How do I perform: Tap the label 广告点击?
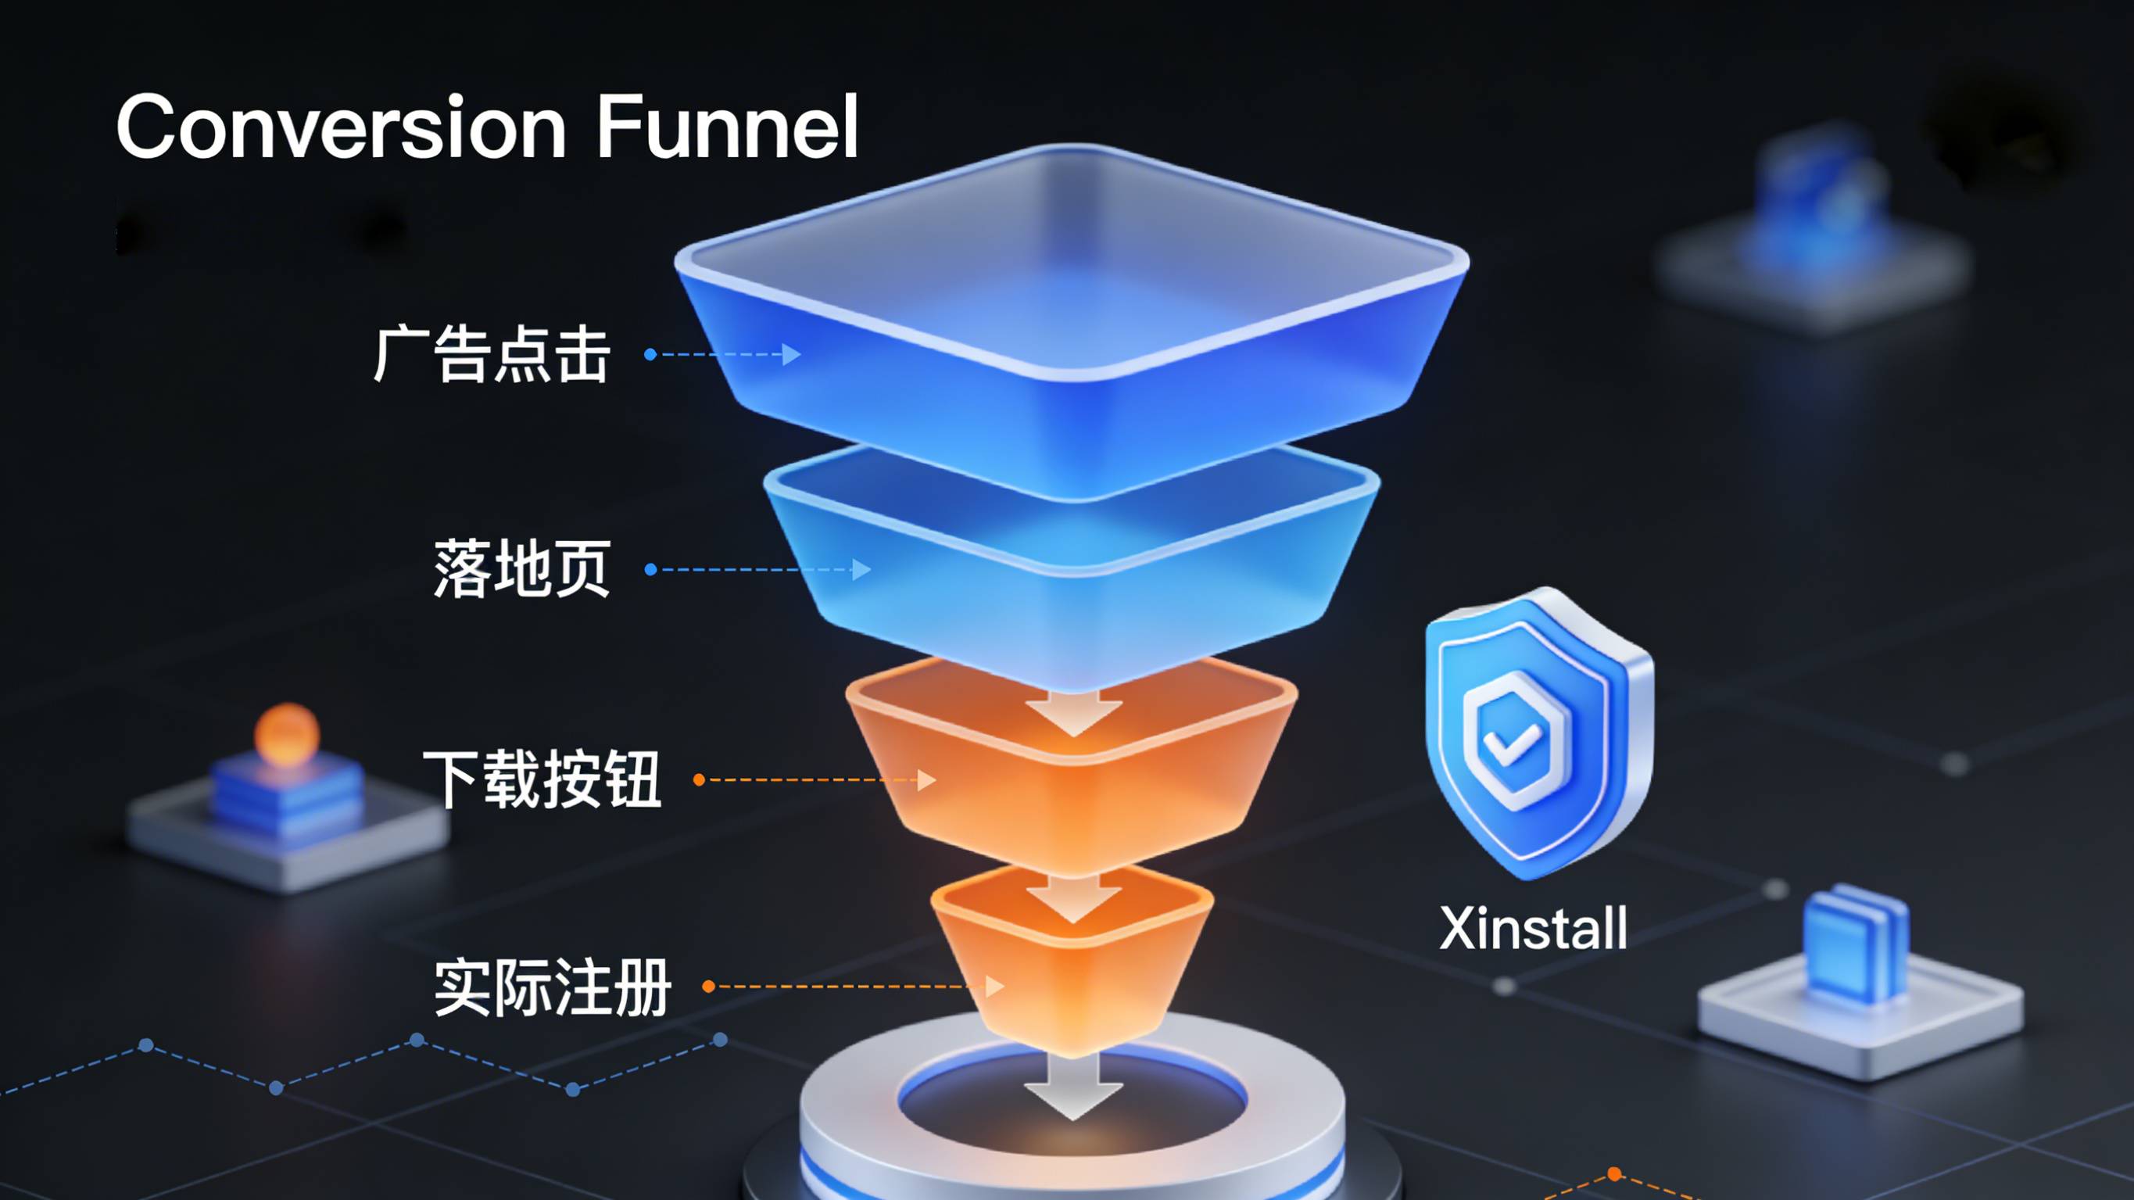[492, 355]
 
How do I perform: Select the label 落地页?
[523, 568]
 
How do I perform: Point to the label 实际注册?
[553, 987]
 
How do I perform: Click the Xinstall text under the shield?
[1534, 928]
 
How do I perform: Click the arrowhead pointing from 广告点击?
[791, 355]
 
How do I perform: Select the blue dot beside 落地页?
[650, 569]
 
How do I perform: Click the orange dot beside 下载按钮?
[699, 780]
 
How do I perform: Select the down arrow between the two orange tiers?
[1073, 899]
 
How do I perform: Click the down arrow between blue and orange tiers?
[1073, 713]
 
